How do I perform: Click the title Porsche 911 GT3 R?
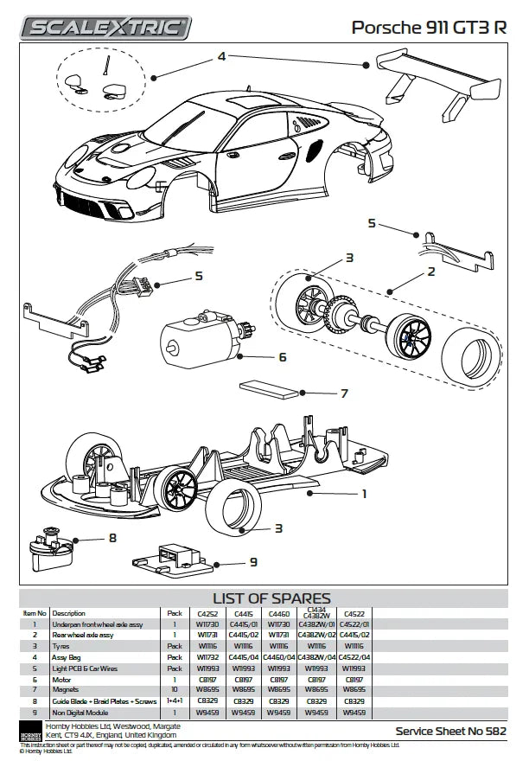click(429, 28)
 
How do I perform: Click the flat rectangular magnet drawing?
click(268, 390)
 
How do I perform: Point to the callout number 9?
click(253, 562)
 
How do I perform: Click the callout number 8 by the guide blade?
click(112, 538)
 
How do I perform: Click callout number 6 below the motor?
click(282, 356)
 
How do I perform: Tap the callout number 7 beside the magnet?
click(343, 393)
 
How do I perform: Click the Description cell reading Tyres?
click(61, 645)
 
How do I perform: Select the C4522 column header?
click(354, 613)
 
